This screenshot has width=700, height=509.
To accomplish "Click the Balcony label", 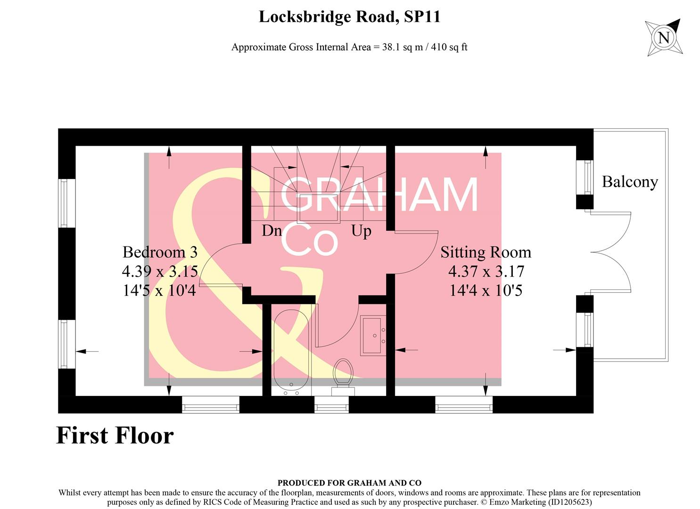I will [x=629, y=182].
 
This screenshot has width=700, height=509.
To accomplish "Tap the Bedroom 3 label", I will [x=160, y=252].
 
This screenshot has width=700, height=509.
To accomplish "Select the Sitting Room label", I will [x=486, y=252].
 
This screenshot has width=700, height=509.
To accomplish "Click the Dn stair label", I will [x=272, y=231].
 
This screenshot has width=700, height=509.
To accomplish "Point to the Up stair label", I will [x=361, y=231].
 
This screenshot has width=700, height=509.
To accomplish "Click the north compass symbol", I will [x=664, y=37].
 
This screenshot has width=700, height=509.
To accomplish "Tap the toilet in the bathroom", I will [x=343, y=375].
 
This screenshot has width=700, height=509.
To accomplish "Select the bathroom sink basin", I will [x=374, y=335].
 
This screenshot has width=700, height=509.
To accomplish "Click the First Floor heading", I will [x=115, y=435].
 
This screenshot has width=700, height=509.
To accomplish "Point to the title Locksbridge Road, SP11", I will [x=349, y=17].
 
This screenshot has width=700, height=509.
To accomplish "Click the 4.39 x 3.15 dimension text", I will [x=160, y=271].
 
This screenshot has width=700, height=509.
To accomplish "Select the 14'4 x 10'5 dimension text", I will [x=486, y=290].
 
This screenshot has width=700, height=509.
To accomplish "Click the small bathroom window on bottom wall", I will [x=331, y=404].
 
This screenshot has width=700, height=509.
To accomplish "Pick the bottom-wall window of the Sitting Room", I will [x=463, y=404].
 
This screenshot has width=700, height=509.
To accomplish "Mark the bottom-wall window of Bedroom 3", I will [x=211, y=404].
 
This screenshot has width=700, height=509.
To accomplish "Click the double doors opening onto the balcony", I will [x=610, y=252].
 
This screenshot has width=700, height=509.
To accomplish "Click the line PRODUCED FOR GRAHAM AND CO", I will [x=349, y=483].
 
